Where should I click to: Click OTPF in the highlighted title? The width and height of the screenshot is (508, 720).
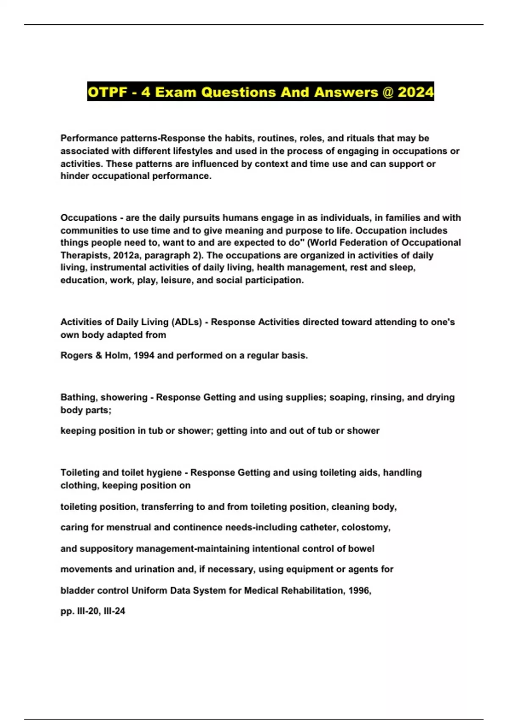point(107,92)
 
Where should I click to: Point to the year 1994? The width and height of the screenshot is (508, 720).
point(144,355)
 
